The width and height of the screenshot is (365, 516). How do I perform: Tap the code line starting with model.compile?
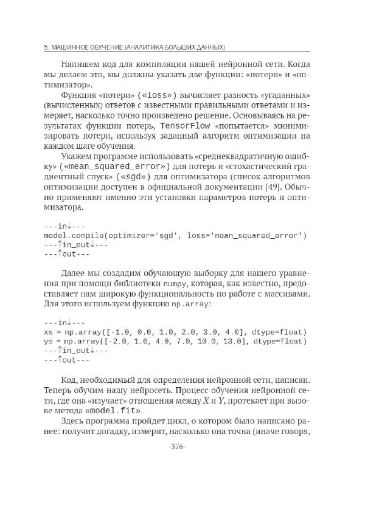coord(175,235)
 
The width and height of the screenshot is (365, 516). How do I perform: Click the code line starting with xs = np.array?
coord(175,332)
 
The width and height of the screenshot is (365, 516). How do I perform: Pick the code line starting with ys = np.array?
coord(175,341)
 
